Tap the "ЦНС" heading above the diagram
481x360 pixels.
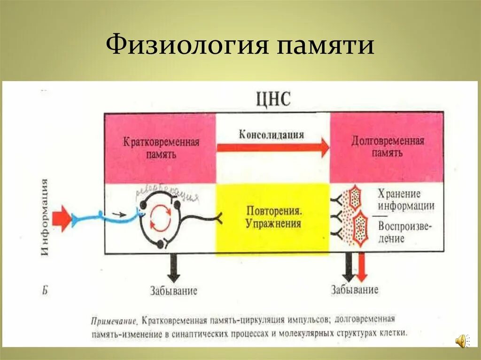[273, 100]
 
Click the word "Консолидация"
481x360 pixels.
[272, 135]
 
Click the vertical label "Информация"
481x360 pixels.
[45, 217]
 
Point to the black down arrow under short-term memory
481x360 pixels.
[174, 268]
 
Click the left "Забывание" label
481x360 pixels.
[174, 291]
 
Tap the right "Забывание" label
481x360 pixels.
[354, 290]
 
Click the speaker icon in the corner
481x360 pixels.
[462, 341]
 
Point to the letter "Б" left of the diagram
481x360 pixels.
[45, 290]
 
